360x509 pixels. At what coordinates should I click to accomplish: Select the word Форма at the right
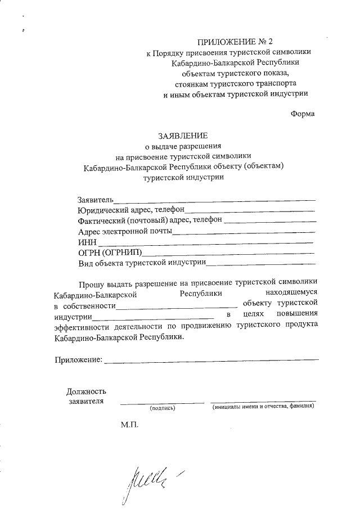303,114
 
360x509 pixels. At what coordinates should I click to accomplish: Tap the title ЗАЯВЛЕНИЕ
182,136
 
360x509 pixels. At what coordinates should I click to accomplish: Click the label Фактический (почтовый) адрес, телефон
150,220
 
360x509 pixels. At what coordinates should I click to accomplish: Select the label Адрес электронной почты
125,231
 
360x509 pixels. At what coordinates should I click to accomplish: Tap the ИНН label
87,241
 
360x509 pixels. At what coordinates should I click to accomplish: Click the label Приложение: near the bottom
79,359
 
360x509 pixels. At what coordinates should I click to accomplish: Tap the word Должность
85,391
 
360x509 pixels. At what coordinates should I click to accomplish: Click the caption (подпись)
162,408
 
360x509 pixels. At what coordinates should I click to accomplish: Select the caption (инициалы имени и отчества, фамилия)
263,407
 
